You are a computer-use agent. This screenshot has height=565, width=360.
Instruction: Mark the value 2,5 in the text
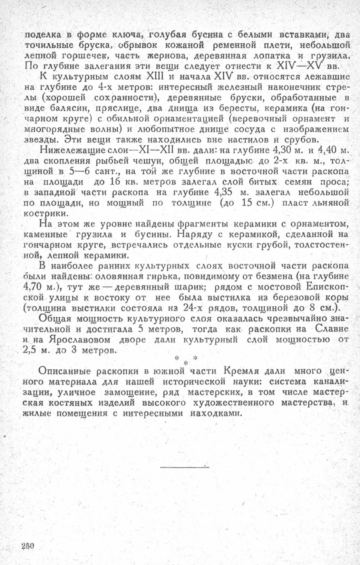(x=31, y=350)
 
